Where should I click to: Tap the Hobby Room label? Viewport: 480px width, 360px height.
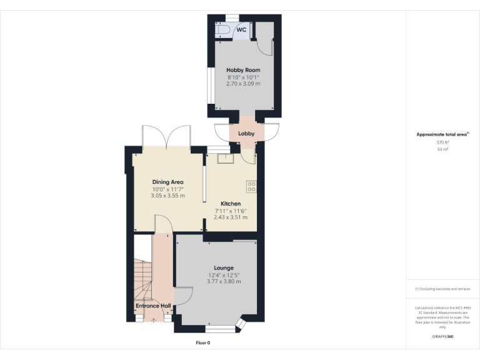[243, 70]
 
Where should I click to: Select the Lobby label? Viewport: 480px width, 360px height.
[246, 133]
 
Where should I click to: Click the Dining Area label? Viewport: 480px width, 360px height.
[167, 182]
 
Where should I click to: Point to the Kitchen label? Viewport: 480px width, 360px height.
[231, 204]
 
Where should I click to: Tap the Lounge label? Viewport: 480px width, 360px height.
[224, 267]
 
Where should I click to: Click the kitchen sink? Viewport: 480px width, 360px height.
[224, 158]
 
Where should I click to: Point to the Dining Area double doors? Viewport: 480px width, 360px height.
[166, 137]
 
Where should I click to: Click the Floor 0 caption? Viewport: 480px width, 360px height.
[203, 342]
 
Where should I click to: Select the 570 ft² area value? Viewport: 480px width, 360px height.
[442, 142]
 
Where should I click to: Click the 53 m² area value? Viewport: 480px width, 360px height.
[442, 150]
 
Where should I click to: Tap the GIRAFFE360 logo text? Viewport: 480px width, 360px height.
[442, 337]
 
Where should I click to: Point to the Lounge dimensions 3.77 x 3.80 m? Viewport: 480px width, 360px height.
[224, 281]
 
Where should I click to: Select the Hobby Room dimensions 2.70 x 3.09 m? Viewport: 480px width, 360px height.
[243, 84]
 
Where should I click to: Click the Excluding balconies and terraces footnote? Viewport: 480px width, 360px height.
[442, 289]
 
